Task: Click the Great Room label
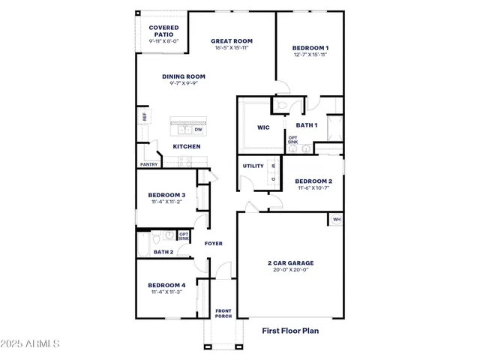click(x=231, y=41)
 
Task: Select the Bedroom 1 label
click(x=310, y=48)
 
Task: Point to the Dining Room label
click(x=184, y=76)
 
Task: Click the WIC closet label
click(x=263, y=127)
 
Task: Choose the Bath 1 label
click(x=307, y=125)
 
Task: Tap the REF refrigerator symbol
click(x=144, y=117)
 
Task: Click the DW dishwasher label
click(x=199, y=130)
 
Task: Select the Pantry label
click(x=148, y=164)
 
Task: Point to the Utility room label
click(x=253, y=166)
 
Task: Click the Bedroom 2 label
click(x=313, y=181)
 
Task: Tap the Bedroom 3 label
click(x=166, y=196)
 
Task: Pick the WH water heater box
click(x=336, y=219)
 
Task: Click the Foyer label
click(x=214, y=244)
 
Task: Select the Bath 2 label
click(x=163, y=252)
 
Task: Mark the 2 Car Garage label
click(x=291, y=263)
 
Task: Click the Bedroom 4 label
click(x=166, y=286)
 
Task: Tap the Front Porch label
click(x=223, y=313)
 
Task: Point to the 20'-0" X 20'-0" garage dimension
click(x=291, y=271)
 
